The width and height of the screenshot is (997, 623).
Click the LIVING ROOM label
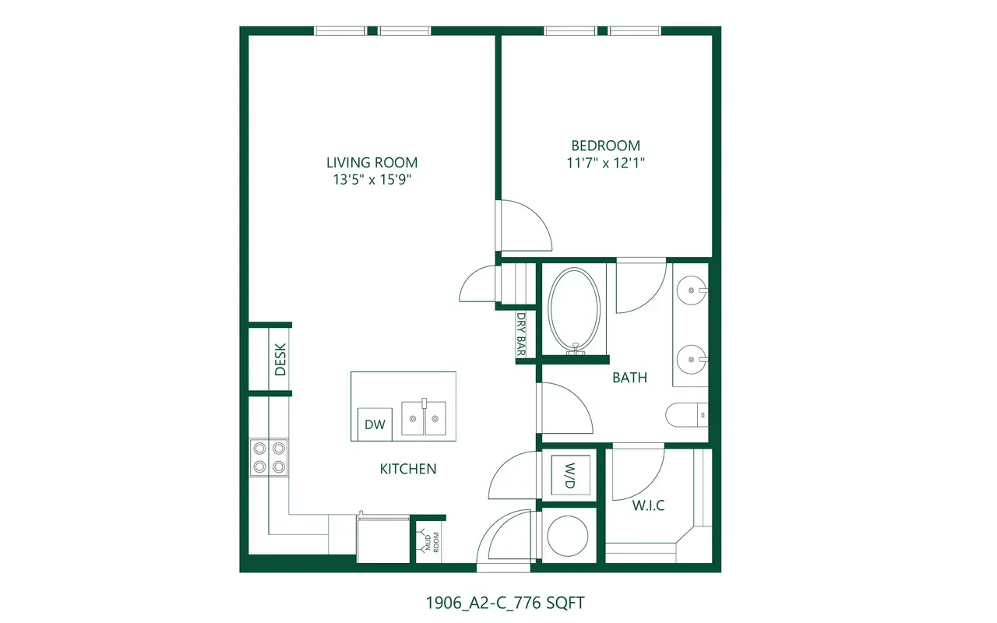(x=372, y=163)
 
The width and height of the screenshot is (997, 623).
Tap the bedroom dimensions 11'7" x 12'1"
(x=605, y=163)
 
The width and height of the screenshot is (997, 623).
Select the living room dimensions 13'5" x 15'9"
(x=372, y=179)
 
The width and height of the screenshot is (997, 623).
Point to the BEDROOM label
(x=605, y=146)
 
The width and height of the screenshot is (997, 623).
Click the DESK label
(x=280, y=359)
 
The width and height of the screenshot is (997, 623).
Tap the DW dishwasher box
(x=375, y=424)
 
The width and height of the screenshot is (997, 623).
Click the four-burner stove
(x=269, y=457)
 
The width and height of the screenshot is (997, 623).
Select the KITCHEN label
(x=407, y=469)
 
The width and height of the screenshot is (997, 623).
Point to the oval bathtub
(x=574, y=310)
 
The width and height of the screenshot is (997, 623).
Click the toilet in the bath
(x=687, y=415)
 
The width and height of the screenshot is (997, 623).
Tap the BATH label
(x=629, y=378)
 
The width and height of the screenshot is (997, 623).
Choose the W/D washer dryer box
(x=570, y=475)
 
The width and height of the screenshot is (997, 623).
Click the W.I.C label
(x=649, y=505)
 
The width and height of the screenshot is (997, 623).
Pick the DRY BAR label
(x=521, y=334)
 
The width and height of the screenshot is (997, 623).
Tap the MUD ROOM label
(x=432, y=542)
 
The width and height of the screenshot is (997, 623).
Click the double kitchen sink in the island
(x=424, y=417)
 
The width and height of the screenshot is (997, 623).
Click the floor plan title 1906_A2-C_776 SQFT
(x=505, y=603)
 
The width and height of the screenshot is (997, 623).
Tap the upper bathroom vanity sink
(x=692, y=290)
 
